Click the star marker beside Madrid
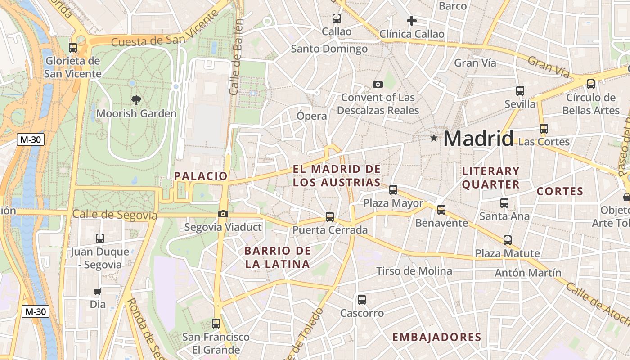pyautogui.click(x=434, y=138)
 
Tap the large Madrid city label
pyautogui.click(x=478, y=138)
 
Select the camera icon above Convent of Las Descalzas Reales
pyautogui.click(x=378, y=84)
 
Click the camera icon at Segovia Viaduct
pyautogui.click(x=223, y=214)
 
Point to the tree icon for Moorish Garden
pyautogui.click(x=136, y=100)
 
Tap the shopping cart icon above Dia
pyautogui.click(x=98, y=291)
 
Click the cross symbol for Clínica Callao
pyautogui.click(x=411, y=21)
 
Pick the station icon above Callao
pyautogui.click(x=336, y=18)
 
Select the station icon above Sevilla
pyautogui.click(x=520, y=91)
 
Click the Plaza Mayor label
pyautogui.click(x=393, y=203)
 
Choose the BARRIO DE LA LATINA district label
pyautogui.click(x=278, y=257)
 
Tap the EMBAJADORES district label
pyautogui.click(x=436, y=337)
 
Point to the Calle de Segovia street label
pyautogui.click(x=115, y=215)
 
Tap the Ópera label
pyautogui.click(x=312, y=116)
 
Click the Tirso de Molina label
pyautogui.click(x=414, y=271)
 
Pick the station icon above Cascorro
pyautogui.click(x=362, y=300)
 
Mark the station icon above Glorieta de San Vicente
pyautogui.click(x=73, y=47)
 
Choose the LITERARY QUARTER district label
pyautogui.click(x=491, y=178)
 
